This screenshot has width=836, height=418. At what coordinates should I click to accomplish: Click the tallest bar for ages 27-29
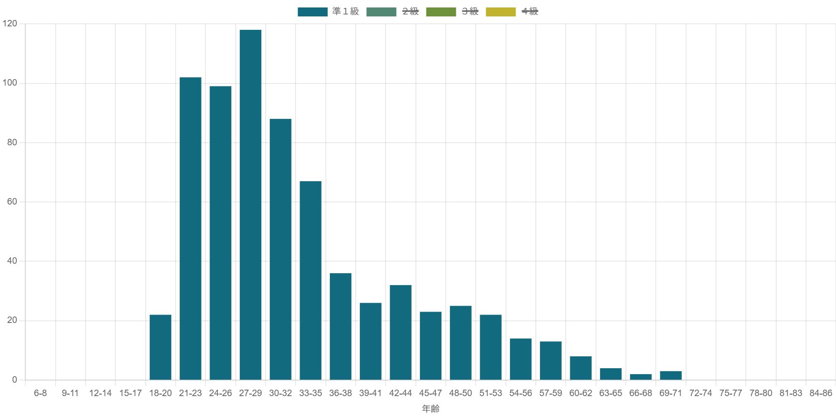click(x=250, y=204)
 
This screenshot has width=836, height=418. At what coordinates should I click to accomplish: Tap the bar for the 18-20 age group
click(x=160, y=347)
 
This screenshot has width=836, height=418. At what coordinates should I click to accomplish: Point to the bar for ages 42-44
click(x=401, y=332)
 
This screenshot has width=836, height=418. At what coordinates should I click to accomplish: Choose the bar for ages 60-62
click(x=581, y=368)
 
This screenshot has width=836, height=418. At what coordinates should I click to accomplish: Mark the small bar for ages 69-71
click(x=671, y=375)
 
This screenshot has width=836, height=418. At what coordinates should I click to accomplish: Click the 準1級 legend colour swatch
click(x=313, y=12)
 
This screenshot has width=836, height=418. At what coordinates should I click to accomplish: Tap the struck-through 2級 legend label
click(x=411, y=11)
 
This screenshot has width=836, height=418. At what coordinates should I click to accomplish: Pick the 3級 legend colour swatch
click(x=441, y=12)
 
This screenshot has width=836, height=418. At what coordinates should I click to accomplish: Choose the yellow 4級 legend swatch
click(x=501, y=12)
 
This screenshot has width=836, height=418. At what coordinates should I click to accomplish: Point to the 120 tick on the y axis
click(x=10, y=23)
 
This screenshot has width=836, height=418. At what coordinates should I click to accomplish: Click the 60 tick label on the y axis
click(x=12, y=202)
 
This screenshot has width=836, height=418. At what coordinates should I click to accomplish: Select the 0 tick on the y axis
click(x=14, y=380)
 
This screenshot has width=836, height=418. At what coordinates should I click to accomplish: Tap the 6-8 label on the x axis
click(x=40, y=393)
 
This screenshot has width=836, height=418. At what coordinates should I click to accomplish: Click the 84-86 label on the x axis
click(x=821, y=393)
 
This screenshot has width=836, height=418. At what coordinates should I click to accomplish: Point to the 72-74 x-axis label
click(x=701, y=393)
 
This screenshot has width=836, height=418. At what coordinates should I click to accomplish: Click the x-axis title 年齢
click(x=430, y=409)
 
